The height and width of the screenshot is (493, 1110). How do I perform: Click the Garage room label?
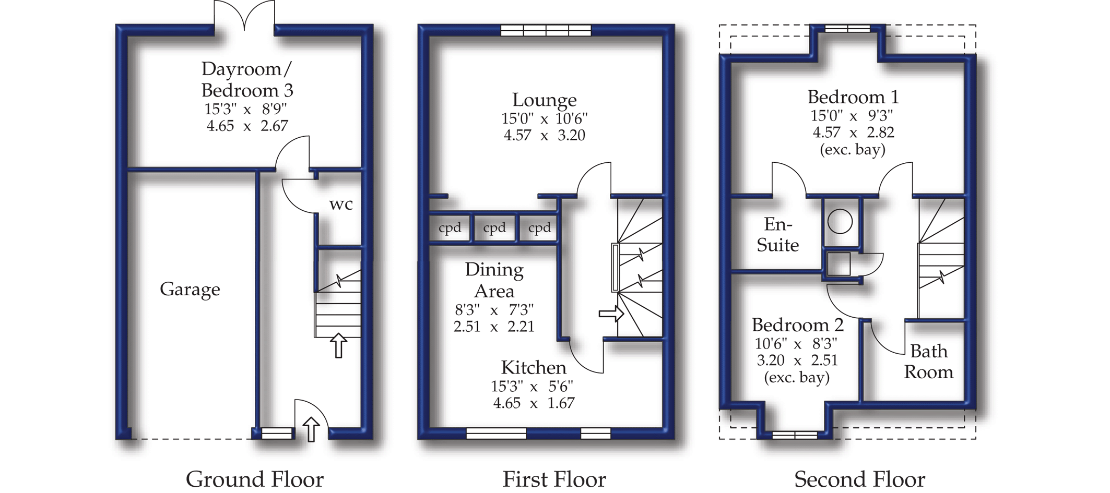190,290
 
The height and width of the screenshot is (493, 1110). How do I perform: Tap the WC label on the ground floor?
341,205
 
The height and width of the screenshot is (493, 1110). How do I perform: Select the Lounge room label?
544,100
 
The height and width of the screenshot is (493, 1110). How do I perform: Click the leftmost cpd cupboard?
450,228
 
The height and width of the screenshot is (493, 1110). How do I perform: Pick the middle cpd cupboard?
494,228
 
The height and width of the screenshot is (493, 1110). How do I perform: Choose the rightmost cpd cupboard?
539,228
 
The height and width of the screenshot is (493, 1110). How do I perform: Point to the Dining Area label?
494,280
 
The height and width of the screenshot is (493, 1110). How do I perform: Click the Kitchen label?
533,368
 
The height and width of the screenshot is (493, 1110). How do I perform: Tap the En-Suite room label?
777,235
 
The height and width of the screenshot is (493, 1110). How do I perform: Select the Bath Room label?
928,362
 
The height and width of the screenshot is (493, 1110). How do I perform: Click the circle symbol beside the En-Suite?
840,221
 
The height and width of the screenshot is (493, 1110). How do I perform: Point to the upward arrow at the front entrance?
311,429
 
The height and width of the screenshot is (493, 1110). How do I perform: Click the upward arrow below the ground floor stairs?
339,345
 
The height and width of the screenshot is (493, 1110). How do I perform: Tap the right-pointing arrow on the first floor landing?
611,314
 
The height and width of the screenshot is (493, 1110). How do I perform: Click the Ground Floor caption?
255,479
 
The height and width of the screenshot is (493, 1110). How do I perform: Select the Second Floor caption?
859,479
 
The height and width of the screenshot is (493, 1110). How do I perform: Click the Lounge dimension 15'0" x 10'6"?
544,119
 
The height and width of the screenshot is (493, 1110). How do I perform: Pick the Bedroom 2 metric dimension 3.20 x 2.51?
797,360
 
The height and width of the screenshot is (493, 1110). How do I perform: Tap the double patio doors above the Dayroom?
244,16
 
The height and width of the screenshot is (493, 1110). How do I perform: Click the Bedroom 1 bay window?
847,28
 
